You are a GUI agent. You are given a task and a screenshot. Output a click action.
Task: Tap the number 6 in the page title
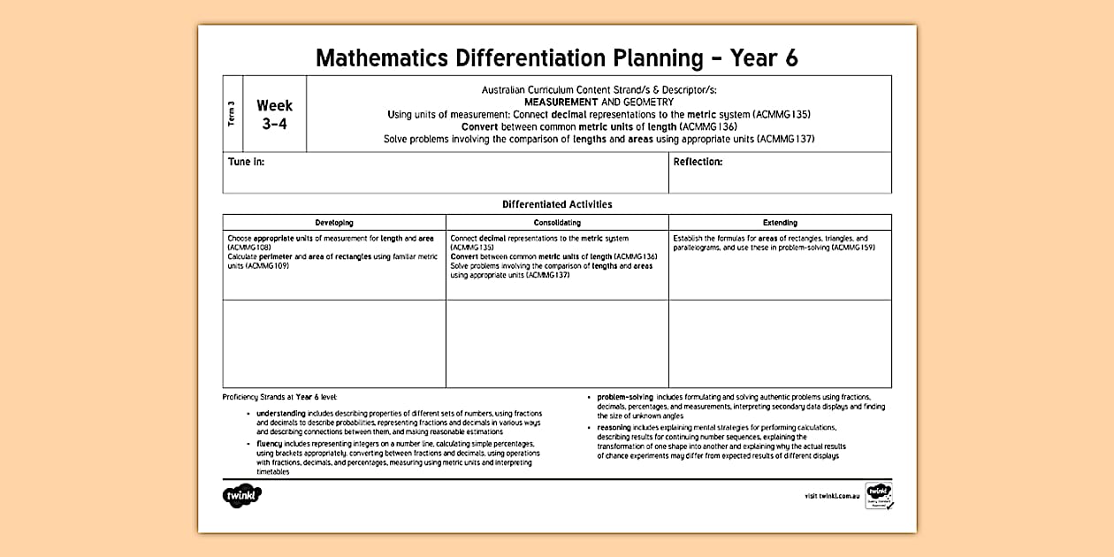coord(790,58)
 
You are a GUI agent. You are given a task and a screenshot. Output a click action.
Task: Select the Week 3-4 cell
coord(274,115)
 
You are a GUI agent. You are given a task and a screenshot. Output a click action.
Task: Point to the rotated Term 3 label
coord(232,115)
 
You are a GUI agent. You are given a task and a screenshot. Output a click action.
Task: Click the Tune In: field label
coord(246,162)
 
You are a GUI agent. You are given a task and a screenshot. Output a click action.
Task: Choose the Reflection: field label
coord(698,162)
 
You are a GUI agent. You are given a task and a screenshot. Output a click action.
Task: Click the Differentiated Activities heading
coord(557,204)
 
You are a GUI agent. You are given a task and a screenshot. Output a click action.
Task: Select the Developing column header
coord(334,223)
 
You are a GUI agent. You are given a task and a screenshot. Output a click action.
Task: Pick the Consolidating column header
coord(557,223)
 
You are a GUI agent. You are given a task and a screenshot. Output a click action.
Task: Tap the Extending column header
coord(780,223)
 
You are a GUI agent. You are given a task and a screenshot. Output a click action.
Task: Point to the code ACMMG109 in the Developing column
coord(271,265)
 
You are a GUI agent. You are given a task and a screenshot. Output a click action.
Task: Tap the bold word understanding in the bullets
coord(281,414)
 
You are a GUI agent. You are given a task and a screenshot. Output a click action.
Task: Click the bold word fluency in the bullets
coord(269,443)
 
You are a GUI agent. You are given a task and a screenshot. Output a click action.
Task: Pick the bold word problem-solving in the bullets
coord(624,397)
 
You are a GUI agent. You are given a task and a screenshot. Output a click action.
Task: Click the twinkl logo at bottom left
coord(242,496)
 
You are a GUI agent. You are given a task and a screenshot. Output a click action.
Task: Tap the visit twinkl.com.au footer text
coord(832,497)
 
